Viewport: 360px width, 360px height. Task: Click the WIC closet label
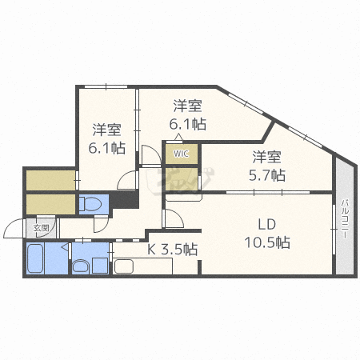(181, 154)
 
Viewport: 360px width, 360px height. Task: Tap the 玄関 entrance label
(41, 228)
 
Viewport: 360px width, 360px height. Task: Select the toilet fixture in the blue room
(90, 204)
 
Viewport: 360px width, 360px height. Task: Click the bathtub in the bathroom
(35, 258)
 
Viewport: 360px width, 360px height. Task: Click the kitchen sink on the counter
(124, 266)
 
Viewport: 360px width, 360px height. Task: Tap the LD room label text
(266, 225)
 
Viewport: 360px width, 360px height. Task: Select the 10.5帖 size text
(267, 242)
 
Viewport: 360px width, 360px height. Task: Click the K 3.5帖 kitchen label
(173, 250)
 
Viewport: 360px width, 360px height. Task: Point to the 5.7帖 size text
(267, 175)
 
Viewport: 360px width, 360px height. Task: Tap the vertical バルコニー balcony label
(346, 218)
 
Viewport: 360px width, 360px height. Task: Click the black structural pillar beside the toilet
(125, 199)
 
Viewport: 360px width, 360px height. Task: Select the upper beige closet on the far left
(50, 180)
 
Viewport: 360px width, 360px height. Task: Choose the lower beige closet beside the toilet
(50, 204)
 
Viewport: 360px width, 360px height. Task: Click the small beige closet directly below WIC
(182, 179)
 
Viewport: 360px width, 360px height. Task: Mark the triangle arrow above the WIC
(178, 137)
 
